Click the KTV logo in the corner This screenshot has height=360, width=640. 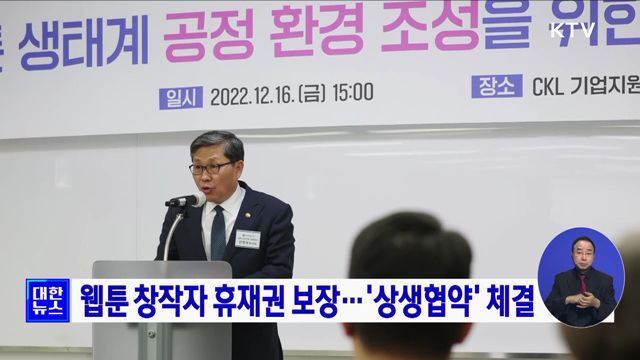tap(572, 30)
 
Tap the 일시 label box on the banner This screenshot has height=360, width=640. tap(180, 96)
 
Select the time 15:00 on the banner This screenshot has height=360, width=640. tap(352, 93)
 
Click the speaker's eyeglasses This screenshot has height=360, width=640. tap(212, 168)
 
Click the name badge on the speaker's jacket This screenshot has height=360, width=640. tap(248, 238)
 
